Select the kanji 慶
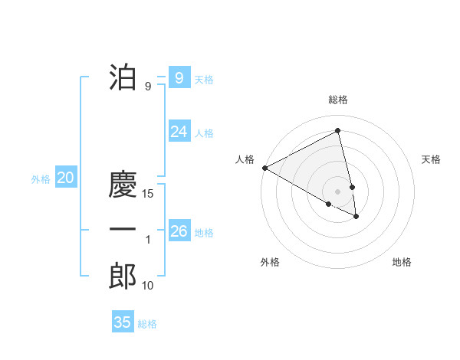coord(123,185)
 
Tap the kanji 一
coord(123,230)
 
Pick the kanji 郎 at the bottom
coord(123,276)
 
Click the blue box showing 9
coord(179,77)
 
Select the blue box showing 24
coord(179,132)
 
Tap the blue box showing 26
coord(179,231)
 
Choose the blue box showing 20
coord(65,178)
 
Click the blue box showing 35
coord(123,322)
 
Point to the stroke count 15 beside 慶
coord(149,195)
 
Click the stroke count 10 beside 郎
coord(148,286)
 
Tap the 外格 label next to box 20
coord(41,179)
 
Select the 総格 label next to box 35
coord(147,324)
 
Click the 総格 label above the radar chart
coord(337,100)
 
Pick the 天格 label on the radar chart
coord(432,159)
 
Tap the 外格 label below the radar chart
coord(270,262)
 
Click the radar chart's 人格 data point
coord(264,167)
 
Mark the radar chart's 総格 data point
coord(337,131)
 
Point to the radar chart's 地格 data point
coord(356,217)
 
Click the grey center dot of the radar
coord(337,191)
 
